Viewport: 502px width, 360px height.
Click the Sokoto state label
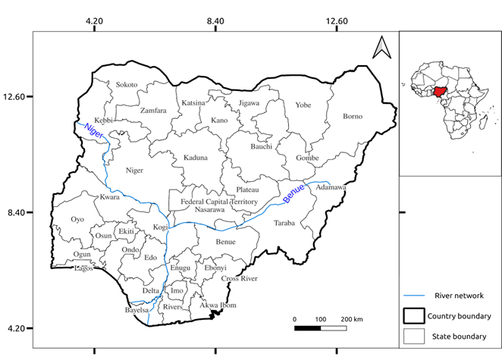coord(127,85)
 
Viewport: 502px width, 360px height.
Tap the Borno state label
coord(353,117)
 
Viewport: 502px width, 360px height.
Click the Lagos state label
coord(83,268)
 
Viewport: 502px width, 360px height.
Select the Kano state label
coord(219,121)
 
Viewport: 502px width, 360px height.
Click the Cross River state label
coord(240,279)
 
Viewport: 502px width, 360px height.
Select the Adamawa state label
coord(331,187)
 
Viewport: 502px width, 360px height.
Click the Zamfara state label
coord(153,111)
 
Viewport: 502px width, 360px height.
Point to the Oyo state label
coord(77,220)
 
